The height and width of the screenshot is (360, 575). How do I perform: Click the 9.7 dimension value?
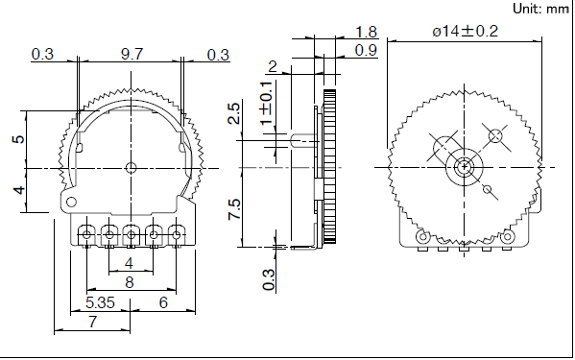pyautogui.click(x=132, y=55)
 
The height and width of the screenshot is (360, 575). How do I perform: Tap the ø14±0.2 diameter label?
pyautogui.click(x=465, y=31)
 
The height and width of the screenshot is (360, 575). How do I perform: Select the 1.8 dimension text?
pyautogui.click(x=367, y=32)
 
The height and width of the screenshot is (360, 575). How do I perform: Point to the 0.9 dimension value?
pyautogui.click(x=367, y=50)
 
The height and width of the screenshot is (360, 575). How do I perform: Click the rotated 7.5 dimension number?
pyautogui.click(x=234, y=209)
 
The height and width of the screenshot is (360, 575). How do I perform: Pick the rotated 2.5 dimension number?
pyautogui.click(x=234, y=113)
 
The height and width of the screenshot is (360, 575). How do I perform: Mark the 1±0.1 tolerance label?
pyautogui.click(x=267, y=104)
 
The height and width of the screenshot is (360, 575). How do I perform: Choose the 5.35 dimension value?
pyautogui.click(x=100, y=302)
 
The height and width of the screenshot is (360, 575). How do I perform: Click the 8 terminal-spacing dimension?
pyautogui.click(x=130, y=282)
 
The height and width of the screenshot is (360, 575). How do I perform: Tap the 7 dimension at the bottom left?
pyautogui.click(x=93, y=322)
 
